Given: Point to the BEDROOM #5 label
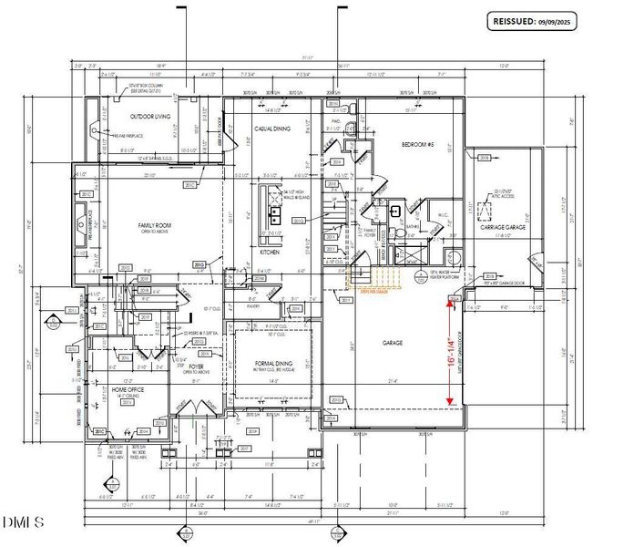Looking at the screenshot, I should [x=421, y=144].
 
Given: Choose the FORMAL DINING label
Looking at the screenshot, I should [x=272, y=363].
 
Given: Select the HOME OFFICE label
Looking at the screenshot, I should [x=122, y=389].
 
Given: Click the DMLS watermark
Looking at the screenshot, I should [x=23, y=522].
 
